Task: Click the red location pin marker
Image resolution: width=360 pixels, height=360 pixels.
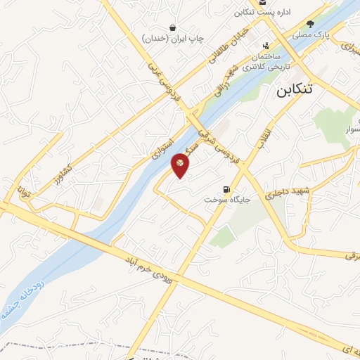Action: (x=181, y=165)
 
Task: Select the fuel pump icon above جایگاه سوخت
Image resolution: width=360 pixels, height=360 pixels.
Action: (x=226, y=188)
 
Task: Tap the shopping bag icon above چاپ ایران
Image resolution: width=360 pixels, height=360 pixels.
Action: (x=172, y=27)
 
